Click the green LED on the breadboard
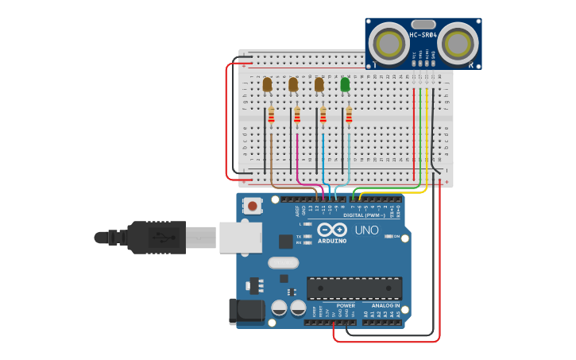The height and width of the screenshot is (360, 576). tap(345, 84)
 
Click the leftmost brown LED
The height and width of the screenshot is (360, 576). tap(268, 84)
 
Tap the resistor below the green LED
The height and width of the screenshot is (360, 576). tap(349, 117)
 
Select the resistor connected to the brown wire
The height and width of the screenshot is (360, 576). tap(271, 117)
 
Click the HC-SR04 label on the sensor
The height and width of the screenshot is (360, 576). tap(424, 35)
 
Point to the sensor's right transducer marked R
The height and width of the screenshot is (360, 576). tap(458, 43)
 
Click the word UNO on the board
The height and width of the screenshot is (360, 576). tap(366, 230)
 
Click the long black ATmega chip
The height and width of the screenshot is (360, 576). tap(354, 288)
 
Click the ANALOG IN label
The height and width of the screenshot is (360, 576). tap(382, 305)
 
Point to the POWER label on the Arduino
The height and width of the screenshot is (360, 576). tap(346, 305)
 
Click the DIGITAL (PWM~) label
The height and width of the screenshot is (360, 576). tap(364, 215)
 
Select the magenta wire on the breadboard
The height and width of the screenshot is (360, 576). tap(297, 155)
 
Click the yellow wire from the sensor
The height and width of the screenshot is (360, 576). tap(427, 135)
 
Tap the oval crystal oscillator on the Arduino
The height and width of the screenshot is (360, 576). tap(283, 262)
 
